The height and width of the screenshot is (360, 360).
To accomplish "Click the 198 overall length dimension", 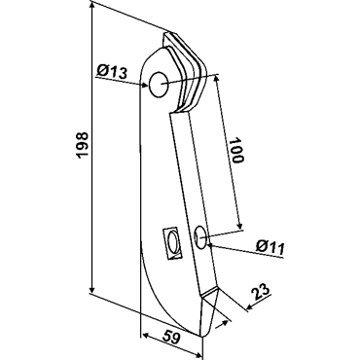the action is coord(83,145).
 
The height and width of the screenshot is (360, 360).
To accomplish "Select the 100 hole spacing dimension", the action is coord(235,151).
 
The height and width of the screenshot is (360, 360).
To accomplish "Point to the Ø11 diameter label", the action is coord(270,247).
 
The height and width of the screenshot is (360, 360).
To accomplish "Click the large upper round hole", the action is coord(158,85).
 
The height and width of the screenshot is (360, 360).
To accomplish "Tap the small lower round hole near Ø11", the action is coord(200,238).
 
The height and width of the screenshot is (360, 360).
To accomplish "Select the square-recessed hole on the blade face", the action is coord(171,243).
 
